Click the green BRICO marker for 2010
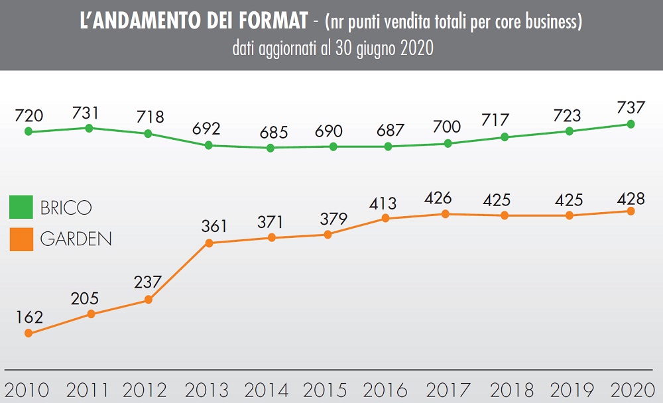coord(29,131)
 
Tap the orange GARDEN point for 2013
coord(209,243)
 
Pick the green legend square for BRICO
coord(21,207)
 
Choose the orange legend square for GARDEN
coord(21,239)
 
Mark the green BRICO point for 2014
coord(271,148)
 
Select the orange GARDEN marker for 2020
coord(631,211)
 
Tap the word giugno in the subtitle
coord(372,48)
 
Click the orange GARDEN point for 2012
coord(148,300)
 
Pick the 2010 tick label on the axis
coord(27,390)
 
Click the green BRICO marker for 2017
coord(448,143)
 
